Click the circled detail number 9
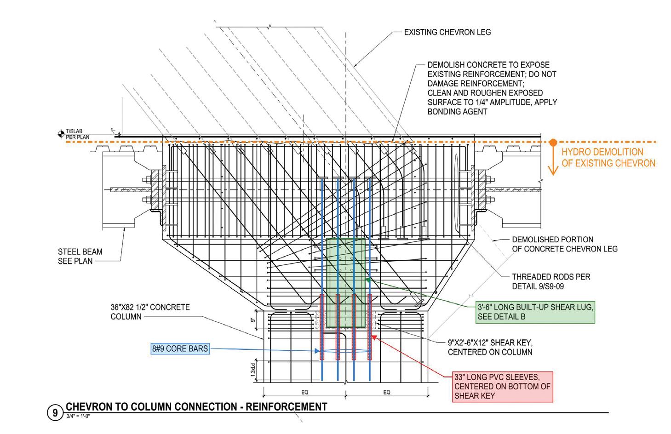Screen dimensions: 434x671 click(55, 412)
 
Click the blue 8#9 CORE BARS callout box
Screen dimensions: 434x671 click(180, 349)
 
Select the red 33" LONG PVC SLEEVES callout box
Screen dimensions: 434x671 click(502, 387)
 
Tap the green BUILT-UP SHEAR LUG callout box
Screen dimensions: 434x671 click(535, 312)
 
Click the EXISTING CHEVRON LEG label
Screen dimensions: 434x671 click(447, 32)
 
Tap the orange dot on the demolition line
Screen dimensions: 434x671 click(553, 143)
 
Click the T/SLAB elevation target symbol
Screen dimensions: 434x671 click(61, 134)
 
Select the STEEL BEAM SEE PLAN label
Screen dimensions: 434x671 click(80, 257)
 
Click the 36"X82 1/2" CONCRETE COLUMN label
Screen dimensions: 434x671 click(150, 312)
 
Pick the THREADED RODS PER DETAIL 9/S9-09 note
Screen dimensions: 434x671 click(551, 281)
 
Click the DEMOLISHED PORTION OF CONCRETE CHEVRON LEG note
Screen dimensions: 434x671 click(564, 244)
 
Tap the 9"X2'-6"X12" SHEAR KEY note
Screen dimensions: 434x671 click(490, 347)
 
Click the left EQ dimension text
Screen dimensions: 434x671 click(304, 392)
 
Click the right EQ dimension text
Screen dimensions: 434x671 click(387, 392)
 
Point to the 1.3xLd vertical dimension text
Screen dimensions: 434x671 click(253, 371)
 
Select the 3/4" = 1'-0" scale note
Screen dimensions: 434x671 click(78, 416)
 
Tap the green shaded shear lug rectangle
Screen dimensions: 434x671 click(345, 283)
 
